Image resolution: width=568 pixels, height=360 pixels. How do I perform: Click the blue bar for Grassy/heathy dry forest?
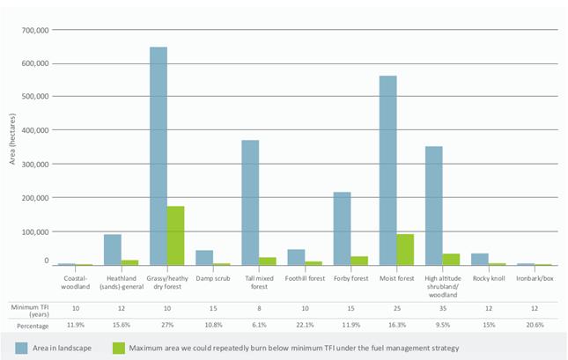[159, 156]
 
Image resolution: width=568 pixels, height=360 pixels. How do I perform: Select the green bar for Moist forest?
[405, 250]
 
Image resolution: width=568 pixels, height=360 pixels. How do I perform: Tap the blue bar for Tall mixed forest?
[250, 202]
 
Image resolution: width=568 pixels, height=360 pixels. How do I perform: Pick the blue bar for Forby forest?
[342, 229]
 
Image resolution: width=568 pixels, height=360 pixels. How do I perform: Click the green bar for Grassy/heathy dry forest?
[176, 236]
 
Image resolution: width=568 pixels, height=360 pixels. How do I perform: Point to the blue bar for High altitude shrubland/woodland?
[434, 206]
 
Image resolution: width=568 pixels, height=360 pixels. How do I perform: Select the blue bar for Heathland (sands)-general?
[113, 250]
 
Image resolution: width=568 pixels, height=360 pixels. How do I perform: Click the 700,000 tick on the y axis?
[34, 31]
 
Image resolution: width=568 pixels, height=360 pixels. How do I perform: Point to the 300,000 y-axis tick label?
[34, 165]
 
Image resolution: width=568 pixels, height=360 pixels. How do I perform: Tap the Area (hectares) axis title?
[12, 139]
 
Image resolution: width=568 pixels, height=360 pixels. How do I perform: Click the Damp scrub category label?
[213, 278]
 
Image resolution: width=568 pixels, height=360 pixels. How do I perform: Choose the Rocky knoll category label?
[489, 278]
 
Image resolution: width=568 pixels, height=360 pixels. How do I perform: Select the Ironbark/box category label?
[535, 278]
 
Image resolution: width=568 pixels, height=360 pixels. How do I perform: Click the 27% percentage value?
[167, 325]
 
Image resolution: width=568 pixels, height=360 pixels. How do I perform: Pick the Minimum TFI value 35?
[443, 309]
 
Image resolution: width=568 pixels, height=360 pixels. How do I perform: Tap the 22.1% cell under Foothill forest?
[305, 325]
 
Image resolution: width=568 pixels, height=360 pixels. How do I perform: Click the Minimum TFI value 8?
[259, 309]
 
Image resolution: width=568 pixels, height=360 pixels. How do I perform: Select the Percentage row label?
[33, 326]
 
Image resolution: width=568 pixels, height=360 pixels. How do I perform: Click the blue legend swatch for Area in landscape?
[21, 348]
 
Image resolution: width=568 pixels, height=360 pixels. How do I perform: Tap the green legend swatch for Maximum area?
[119, 348]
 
